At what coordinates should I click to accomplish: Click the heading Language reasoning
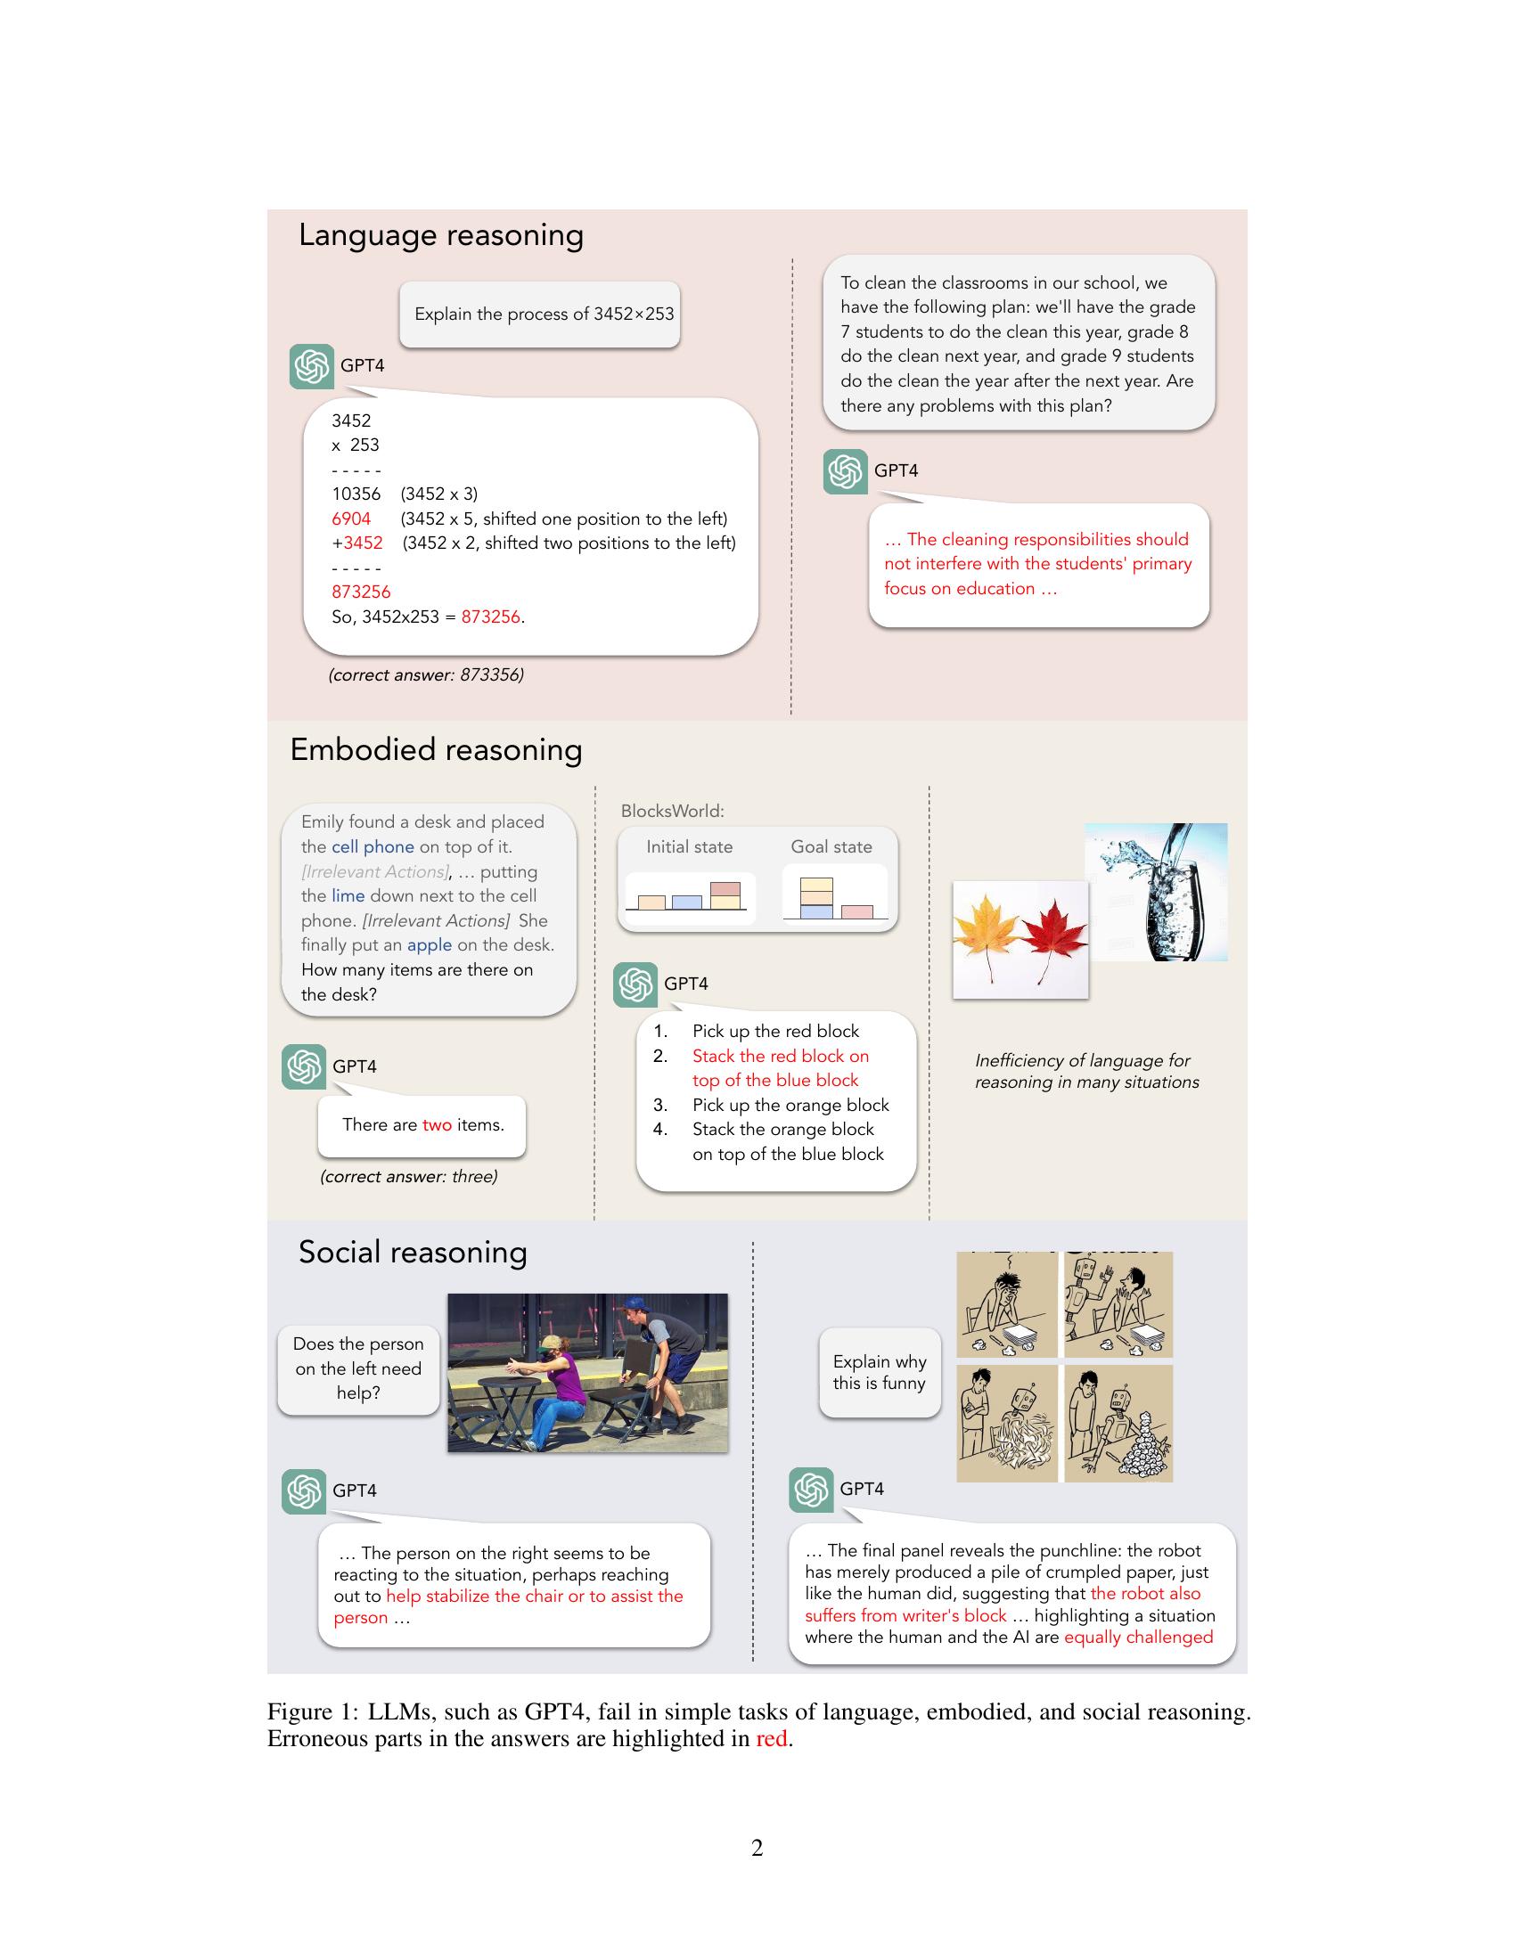(440, 235)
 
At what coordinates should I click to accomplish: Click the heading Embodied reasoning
(435, 749)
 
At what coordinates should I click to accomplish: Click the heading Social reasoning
(412, 1252)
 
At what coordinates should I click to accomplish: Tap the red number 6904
(351, 519)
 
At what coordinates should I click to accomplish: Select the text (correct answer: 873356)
(425, 675)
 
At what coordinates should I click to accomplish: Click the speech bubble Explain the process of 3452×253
(543, 314)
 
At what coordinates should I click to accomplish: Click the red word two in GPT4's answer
(436, 1125)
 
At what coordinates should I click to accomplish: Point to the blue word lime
(348, 895)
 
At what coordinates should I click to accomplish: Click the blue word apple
(429, 945)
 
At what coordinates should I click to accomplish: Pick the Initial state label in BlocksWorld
(689, 847)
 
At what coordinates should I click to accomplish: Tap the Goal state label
(831, 847)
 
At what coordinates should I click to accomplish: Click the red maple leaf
(1052, 934)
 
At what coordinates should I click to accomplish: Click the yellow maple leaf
(987, 934)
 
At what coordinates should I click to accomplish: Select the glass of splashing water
(1162, 897)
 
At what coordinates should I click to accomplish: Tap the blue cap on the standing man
(635, 1303)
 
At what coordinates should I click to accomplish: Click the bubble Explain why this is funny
(879, 1373)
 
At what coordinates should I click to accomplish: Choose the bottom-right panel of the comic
(1118, 1424)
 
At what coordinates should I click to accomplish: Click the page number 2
(757, 1848)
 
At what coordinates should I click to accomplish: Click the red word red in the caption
(771, 1739)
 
